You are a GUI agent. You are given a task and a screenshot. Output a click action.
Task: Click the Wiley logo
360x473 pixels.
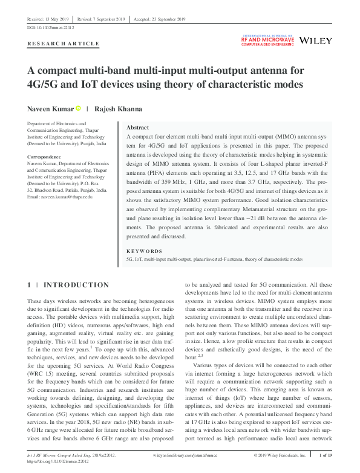pos(316,41)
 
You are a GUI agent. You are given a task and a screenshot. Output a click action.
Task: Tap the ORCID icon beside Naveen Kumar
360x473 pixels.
pos(78,109)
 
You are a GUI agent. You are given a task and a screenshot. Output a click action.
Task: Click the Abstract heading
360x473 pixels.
pos(137,128)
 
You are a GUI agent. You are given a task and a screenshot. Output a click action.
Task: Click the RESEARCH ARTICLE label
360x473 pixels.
pos(64,44)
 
